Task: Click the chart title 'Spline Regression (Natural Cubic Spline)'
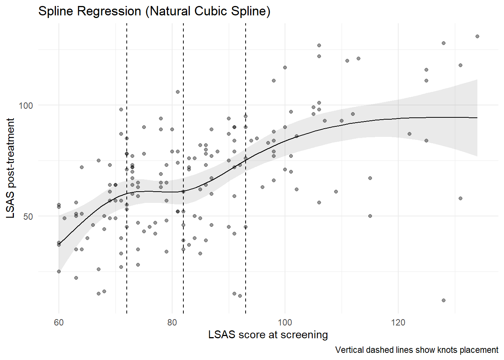tap(154, 11)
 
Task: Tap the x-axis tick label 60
tap(59, 322)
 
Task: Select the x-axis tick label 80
tap(172, 322)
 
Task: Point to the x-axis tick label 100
tap(285, 322)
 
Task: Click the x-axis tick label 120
tap(398, 322)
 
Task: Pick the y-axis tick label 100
tap(26, 105)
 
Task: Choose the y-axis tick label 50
tap(28, 216)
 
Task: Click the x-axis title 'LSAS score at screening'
tap(268, 334)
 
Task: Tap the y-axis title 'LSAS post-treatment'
tap(10, 168)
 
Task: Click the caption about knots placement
tap(417, 350)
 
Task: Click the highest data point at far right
tap(477, 36)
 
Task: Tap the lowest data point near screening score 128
tap(444, 300)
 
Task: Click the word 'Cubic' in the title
tap(211, 11)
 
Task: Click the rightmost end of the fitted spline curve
tap(477, 118)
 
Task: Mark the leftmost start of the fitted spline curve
tap(59, 244)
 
